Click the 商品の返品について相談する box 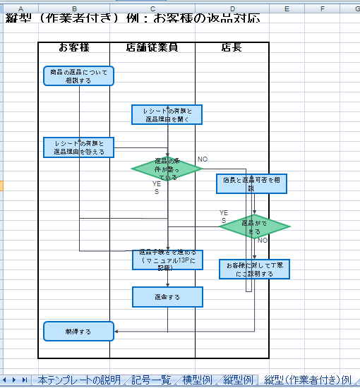coord(78,76)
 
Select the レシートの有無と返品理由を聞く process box coord(167,115)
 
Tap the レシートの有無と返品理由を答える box coord(78,147)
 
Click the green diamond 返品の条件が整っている coord(167,169)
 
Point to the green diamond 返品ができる coord(255,226)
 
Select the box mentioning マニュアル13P coord(167,260)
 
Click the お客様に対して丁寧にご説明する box coord(255,269)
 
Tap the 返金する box coord(167,297)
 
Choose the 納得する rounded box coord(78,330)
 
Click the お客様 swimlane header coord(73,48)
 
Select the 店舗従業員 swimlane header coord(152,48)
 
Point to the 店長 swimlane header coord(232,48)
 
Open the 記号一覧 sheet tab coord(151,380)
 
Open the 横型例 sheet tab coord(197,380)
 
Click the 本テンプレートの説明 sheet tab coord(79,380)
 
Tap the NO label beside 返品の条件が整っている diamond coord(203,159)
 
